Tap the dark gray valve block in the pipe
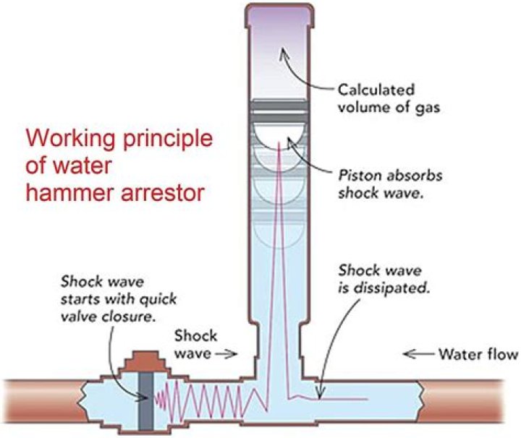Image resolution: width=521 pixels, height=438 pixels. (x=142, y=398)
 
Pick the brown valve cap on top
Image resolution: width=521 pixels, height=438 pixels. (x=143, y=358)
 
